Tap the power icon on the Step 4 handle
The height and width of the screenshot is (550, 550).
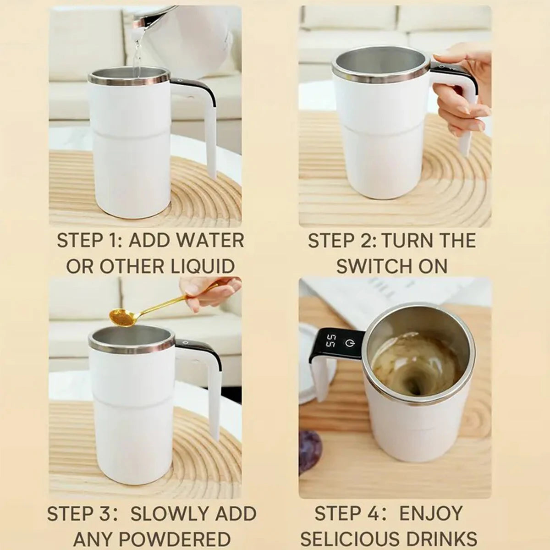(x=350, y=343)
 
